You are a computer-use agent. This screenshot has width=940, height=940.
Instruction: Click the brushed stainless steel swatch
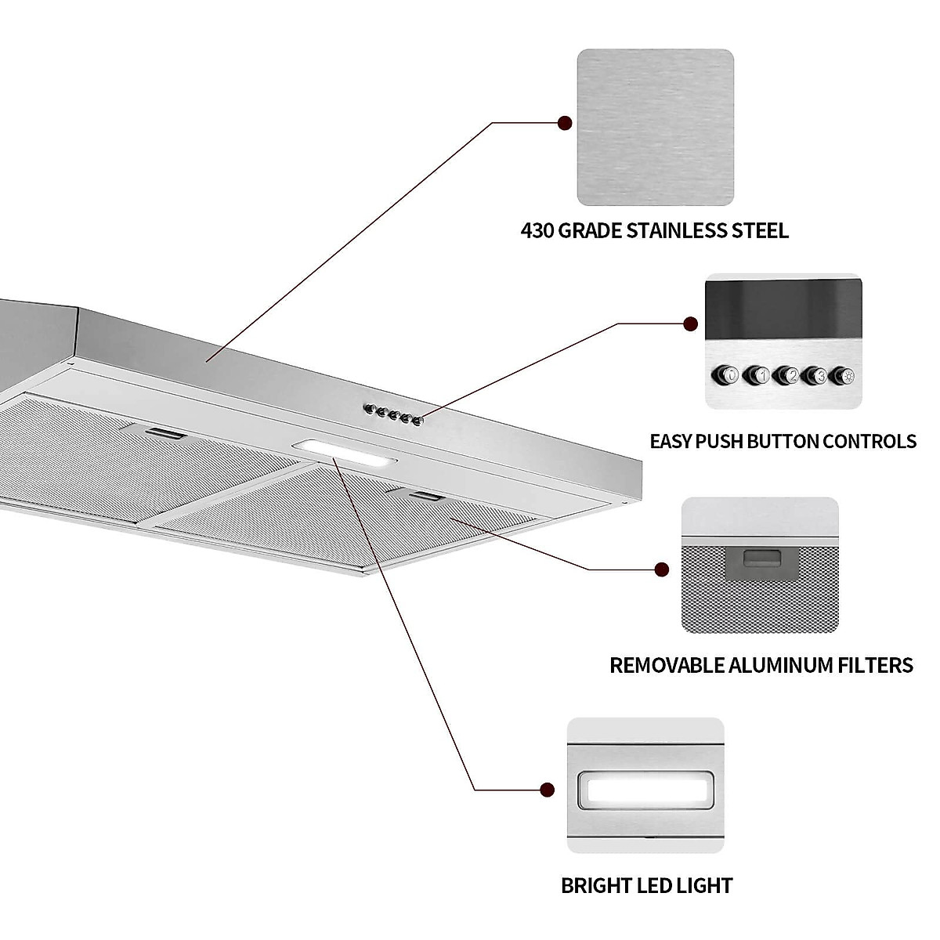[x=655, y=127]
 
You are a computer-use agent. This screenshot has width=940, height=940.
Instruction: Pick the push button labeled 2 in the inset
[x=787, y=375]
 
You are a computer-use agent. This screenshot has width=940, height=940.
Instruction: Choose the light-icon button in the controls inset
[x=843, y=375]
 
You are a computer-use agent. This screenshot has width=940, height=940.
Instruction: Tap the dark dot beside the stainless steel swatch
[x=563, y=123]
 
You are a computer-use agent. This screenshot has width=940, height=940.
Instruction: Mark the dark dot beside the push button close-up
[x=690, y=324]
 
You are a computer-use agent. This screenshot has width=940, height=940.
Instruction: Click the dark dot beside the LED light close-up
[x=548, y=790]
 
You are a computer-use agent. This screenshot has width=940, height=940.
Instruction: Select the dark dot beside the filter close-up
[x=662, y=569]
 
